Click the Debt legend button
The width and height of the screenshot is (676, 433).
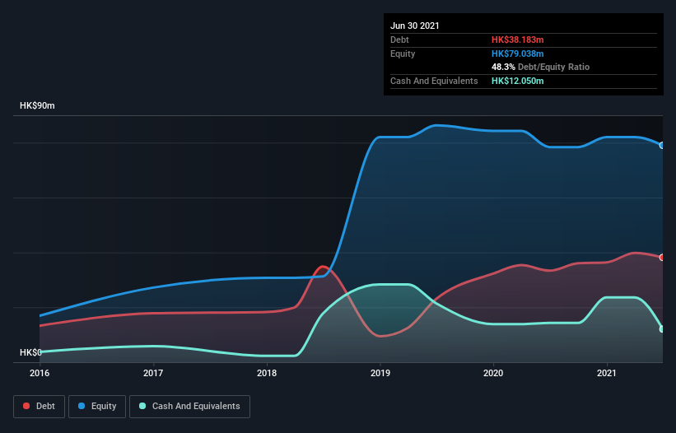click(38, 406)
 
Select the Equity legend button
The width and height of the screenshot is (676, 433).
click(97, 406)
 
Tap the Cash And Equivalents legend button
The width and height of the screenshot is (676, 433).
click(189, 406)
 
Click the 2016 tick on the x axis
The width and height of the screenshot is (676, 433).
click(40, 373)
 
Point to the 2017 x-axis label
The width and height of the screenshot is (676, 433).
click(153, 373)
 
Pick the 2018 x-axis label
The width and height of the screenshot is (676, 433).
click(267, 373)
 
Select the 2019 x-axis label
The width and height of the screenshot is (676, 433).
click(380, 373)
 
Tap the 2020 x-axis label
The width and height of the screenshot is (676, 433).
click(493, 373)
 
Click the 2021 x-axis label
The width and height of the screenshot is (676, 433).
click(607, 373)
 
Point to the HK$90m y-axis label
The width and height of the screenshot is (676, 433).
click(37, 106)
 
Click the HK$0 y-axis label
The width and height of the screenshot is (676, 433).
click(30, 352)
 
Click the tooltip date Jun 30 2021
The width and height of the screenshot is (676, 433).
click(415, 26)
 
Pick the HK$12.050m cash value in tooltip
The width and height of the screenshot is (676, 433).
click(518, 81)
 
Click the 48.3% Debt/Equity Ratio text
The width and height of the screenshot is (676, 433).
click(540, 67)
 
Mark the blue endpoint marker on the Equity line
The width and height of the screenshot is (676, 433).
click(662, 145)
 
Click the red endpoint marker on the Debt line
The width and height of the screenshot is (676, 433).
click(662, 258)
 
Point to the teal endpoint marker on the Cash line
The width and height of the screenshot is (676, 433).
click(662, 328)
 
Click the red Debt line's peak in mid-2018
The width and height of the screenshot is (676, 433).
click(322, 266)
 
